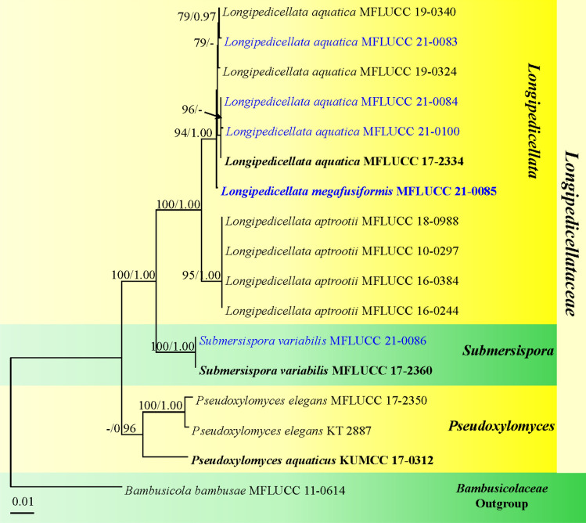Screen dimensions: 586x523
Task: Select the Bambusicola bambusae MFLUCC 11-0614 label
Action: click(x=235, y=492)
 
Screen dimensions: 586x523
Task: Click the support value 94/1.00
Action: click(x=194, y=133)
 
